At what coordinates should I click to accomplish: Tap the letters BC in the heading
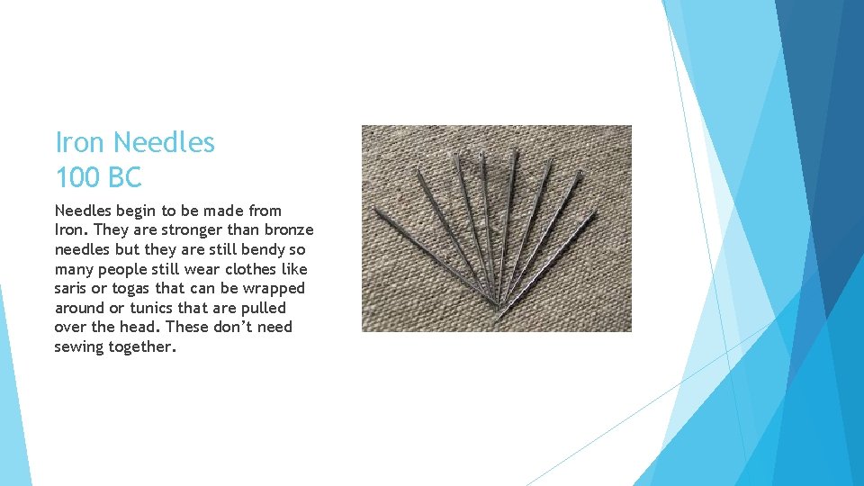[x=124, y=177]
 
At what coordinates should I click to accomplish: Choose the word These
[x=187, y=327]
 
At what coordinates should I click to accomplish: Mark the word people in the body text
[x=122, y=269]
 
